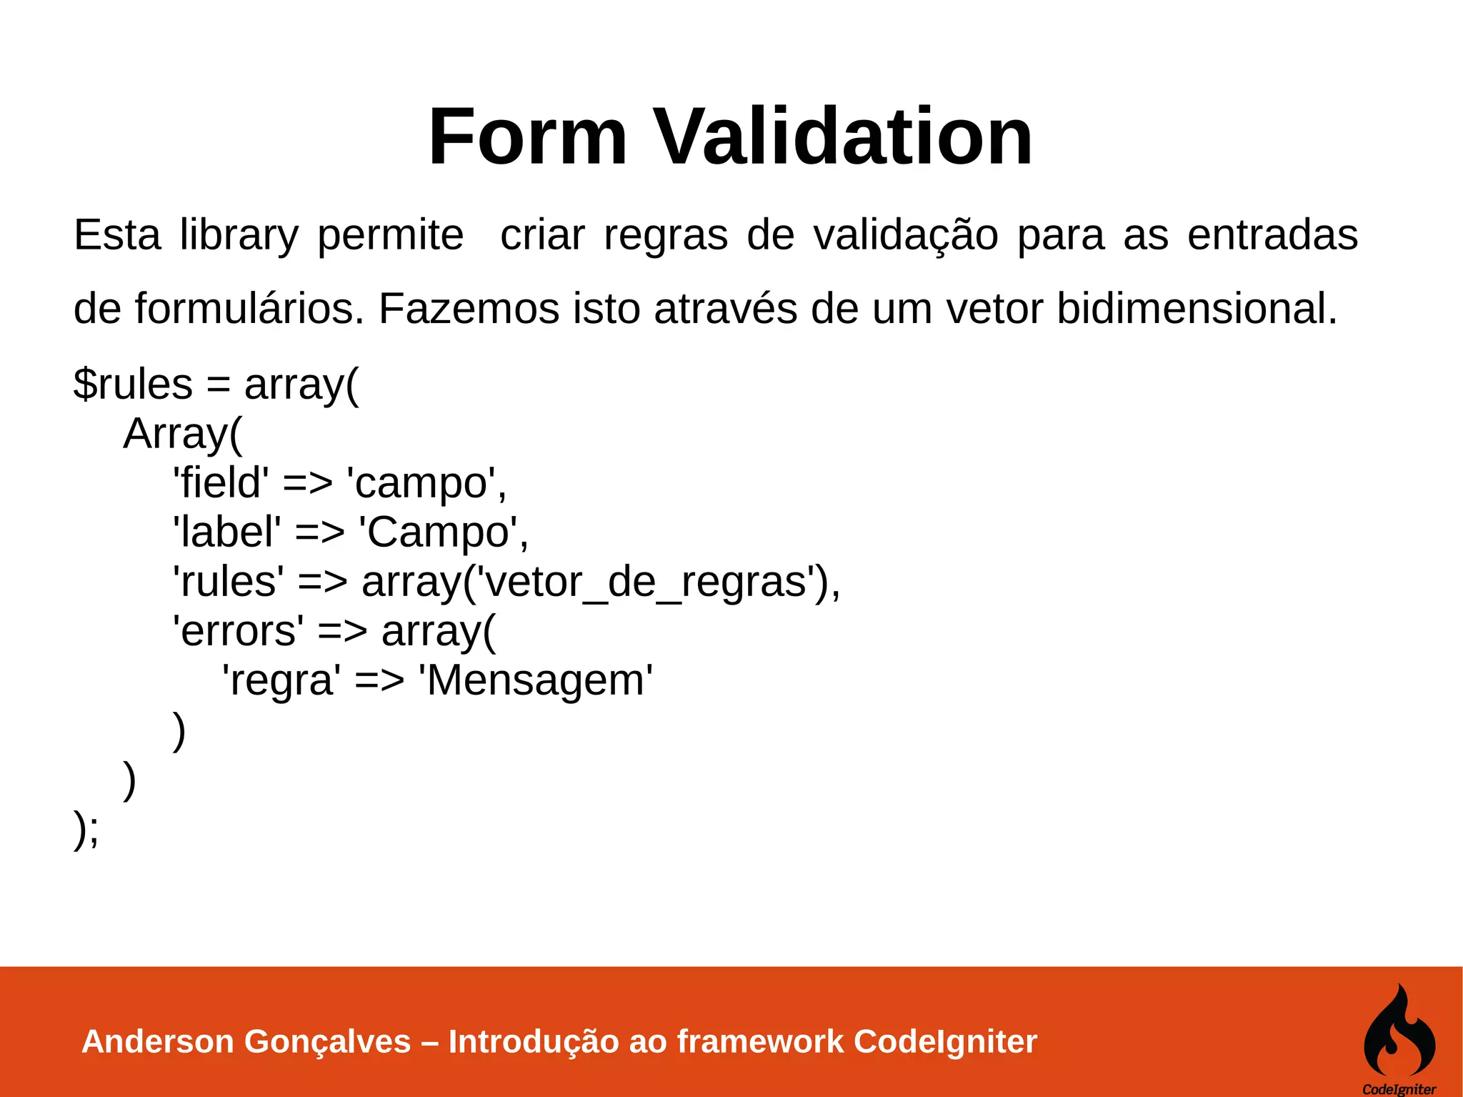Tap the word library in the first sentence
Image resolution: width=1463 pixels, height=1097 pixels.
click(239, 235)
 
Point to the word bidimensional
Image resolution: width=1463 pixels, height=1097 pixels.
click(1197, 309)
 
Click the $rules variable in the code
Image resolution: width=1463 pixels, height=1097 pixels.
click(133, 384)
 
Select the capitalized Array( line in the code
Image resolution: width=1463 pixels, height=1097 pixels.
click(183, 434)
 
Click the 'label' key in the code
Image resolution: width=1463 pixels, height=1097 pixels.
click(227, 532)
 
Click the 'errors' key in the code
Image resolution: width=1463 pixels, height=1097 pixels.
click(238, 630)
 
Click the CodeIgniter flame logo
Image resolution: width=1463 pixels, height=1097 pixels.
click(1399, 1031)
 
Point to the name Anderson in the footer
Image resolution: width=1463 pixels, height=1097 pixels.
click(158, 1041)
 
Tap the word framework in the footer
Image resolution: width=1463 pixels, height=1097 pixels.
click(760, 1041)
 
